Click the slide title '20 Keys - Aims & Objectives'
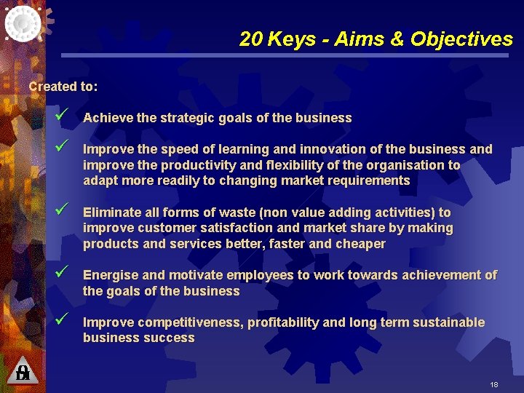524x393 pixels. click(x=376, y=39)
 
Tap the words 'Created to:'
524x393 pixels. click(x=63, y=87)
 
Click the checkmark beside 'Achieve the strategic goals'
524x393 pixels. click(x=60, y=116)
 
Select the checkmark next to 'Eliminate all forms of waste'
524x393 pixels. click(x=60, y=210)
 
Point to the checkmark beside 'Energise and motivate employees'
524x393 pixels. click(x=60, y=273)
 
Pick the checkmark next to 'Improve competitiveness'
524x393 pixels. click(x=60, y=320)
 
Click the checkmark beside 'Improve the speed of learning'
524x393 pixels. click(x=60, y=147)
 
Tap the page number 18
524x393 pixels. click(x=494, y=384)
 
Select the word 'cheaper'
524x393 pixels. click(x=360, y=244)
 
